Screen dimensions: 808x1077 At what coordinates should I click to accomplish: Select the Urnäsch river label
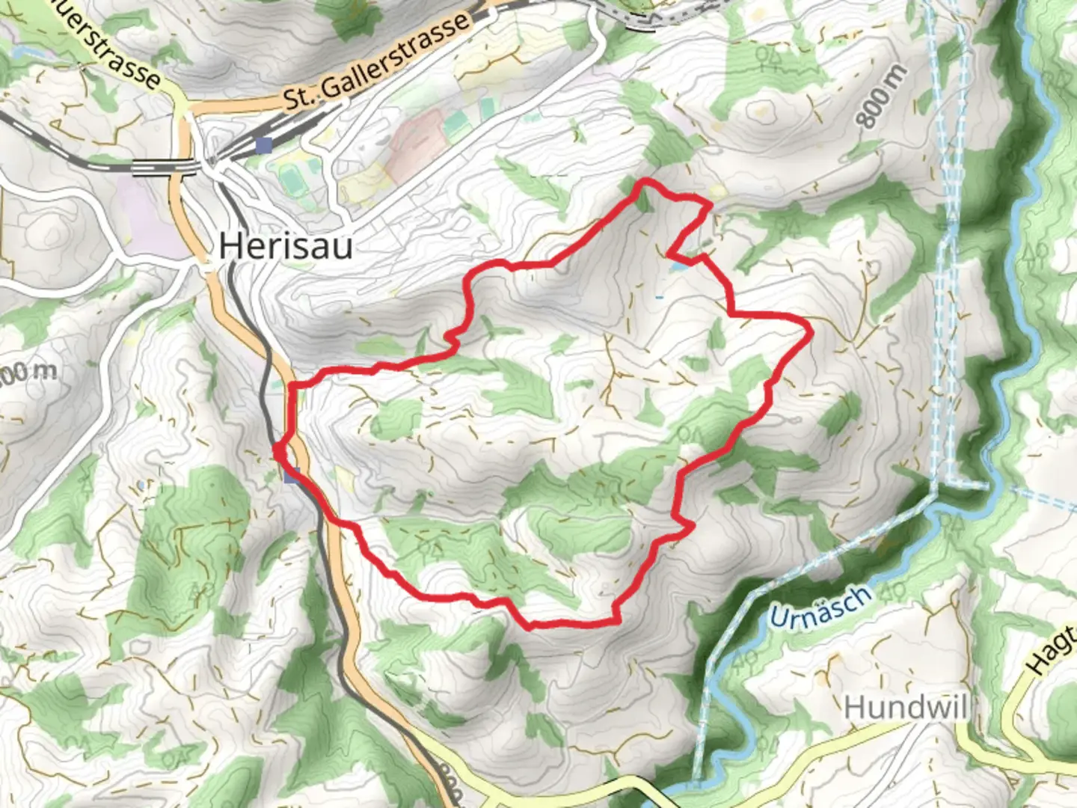[x=820, y=607]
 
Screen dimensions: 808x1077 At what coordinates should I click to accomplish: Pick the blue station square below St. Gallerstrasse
[x=263, y=144]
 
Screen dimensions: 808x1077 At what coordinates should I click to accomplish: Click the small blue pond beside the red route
[x=678, y=264]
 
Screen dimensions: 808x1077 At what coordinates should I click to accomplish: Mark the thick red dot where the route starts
[x=278, y=451]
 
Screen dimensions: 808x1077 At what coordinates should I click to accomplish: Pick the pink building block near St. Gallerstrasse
[x=416, y=135]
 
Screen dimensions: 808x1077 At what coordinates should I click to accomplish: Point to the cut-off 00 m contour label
[x=27, y=372]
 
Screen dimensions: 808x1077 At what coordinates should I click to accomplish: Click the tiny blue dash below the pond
[x=659, y=298]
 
